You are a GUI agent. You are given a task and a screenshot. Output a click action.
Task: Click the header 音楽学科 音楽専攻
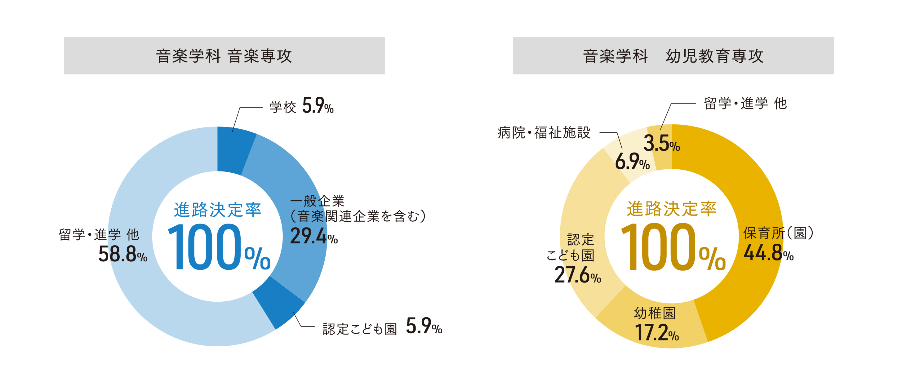224,56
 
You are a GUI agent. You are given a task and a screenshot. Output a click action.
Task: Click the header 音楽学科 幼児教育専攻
673,56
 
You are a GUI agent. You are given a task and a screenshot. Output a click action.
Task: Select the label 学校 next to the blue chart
282,107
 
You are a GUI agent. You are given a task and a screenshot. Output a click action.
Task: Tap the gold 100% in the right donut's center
673,247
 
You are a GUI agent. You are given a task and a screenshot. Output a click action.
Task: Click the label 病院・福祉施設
544,133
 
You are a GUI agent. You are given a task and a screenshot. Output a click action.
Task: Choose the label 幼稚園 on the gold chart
655,313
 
